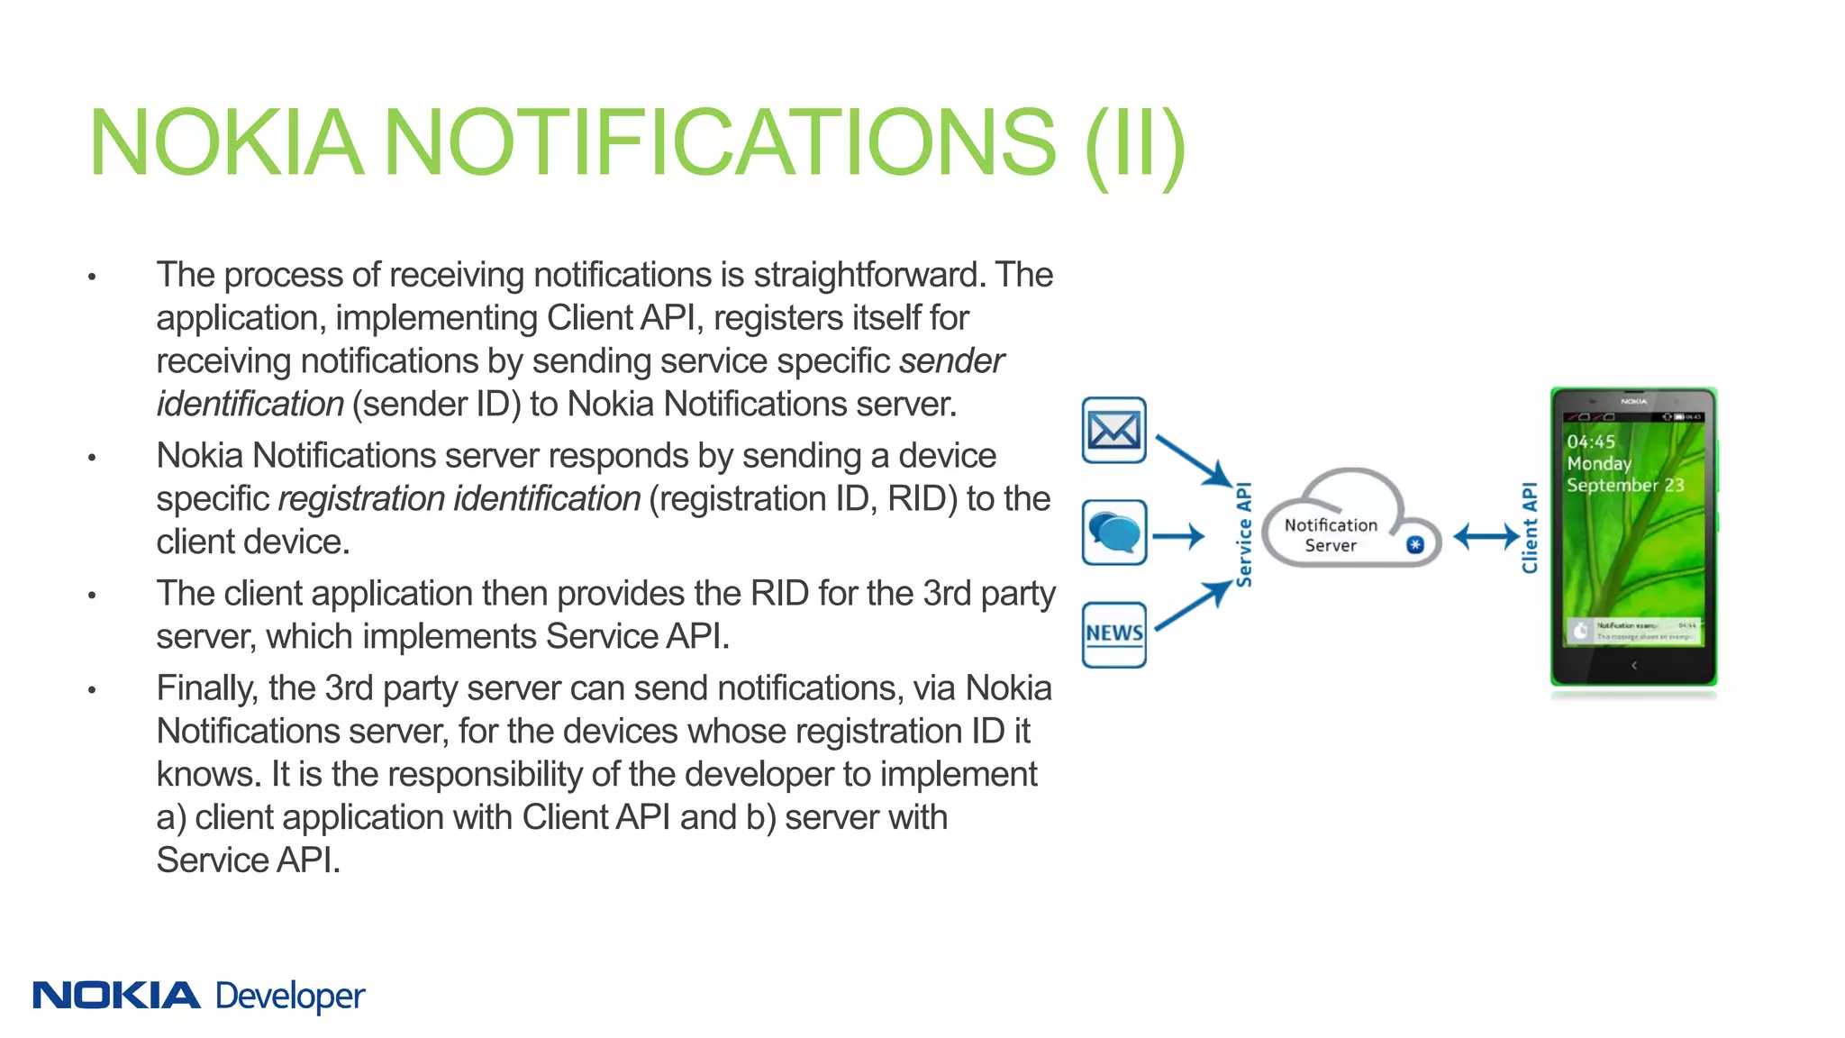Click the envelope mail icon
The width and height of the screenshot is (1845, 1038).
(x=1113, y=430)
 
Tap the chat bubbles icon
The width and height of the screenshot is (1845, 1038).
(x=1113, y=533)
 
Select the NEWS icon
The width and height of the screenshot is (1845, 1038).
(x=1113, y=634)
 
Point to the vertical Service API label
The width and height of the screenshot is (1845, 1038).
(x=1244, y=534)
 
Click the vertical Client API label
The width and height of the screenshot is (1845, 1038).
(x=1530, y=528)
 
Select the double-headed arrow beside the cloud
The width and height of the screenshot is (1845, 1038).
(x=1486, y=537)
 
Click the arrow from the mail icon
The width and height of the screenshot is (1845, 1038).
(x=1193, y=460)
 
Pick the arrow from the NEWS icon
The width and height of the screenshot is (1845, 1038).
(x=1193, y=605)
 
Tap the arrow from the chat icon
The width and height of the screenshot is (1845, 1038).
(x=1178, y=537)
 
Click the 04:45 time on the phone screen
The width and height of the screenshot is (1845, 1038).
(x=1591, y=442)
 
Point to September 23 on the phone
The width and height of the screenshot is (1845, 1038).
(x=1625, y=485)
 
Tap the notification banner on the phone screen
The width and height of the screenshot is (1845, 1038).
(x=1634, y=630)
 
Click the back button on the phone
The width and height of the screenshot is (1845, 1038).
(x=1634, y=666)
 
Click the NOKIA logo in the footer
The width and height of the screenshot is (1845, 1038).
(x=116, y=996)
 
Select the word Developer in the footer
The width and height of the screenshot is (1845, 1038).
(x=290, y=997)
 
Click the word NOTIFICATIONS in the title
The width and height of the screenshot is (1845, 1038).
(x=720, y=142)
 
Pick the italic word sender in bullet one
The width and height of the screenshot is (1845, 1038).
(x=951, y=361)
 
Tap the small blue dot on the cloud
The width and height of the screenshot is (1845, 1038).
(x=1415, y=544)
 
